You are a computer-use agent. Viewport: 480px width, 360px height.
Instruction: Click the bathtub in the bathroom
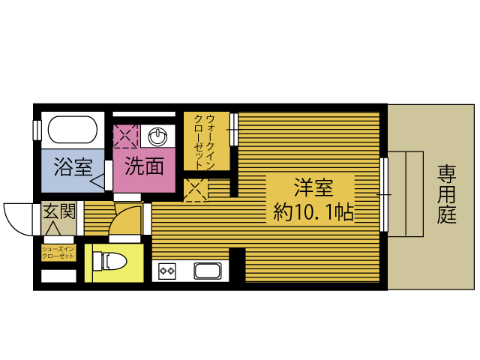73,130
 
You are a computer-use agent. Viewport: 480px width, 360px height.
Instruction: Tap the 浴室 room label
73,166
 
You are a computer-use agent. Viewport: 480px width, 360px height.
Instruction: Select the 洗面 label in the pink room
144,166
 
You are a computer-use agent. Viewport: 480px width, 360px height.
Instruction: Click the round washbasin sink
157,136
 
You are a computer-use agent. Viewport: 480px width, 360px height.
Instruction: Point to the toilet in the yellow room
109,261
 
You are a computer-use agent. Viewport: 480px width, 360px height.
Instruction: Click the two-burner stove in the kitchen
167,271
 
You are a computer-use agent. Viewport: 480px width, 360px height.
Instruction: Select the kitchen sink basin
208,271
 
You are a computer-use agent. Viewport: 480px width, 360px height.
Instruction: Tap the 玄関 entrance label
58,211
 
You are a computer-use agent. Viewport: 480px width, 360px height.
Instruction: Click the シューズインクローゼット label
58,253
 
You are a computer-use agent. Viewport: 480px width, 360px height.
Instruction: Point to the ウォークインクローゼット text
205,142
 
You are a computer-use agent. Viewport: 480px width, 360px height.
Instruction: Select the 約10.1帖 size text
313,211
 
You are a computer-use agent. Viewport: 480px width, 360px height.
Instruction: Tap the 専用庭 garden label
447,194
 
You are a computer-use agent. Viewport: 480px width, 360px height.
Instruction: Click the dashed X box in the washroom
126,136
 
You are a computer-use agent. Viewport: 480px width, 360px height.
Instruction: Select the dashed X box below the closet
196,190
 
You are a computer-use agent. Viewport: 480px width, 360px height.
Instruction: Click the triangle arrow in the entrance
55,228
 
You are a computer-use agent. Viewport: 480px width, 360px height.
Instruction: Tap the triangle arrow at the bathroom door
98,182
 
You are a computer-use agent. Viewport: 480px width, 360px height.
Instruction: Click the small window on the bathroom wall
37,130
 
